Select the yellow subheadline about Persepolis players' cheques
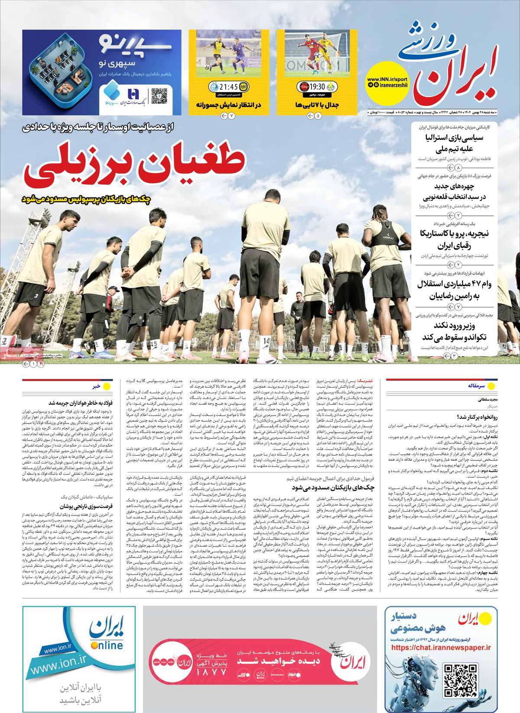point(86,199)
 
